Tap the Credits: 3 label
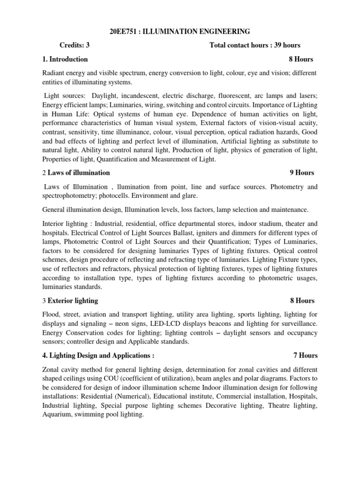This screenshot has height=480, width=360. tap(75, 45)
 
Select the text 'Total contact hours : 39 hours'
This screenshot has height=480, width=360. tap(255, 45)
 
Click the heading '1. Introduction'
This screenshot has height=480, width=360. tap(65, 59)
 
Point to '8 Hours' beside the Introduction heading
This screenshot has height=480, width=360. tap(301, 59)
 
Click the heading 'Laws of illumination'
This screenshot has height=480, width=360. tap(82, 172)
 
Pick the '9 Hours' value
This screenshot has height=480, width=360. tap(302, 172)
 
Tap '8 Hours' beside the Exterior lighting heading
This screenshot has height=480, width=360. tap(302, 300)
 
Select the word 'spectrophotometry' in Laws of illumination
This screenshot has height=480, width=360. tap(71, 195)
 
